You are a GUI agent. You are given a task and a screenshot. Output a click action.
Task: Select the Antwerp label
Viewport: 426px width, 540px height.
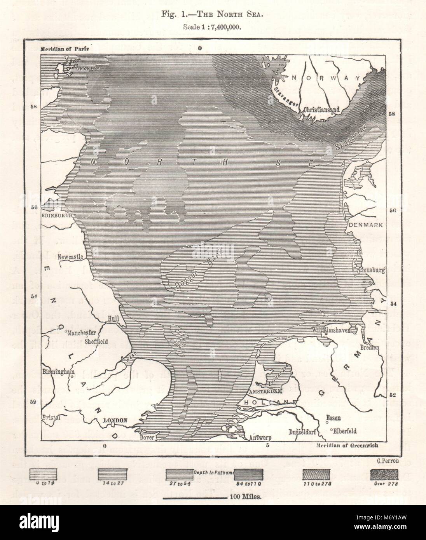coord(260,437)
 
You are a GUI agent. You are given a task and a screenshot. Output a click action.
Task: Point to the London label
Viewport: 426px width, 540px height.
coord(115,421)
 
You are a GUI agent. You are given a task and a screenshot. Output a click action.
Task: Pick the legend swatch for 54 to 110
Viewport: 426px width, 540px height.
coord(249,474)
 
